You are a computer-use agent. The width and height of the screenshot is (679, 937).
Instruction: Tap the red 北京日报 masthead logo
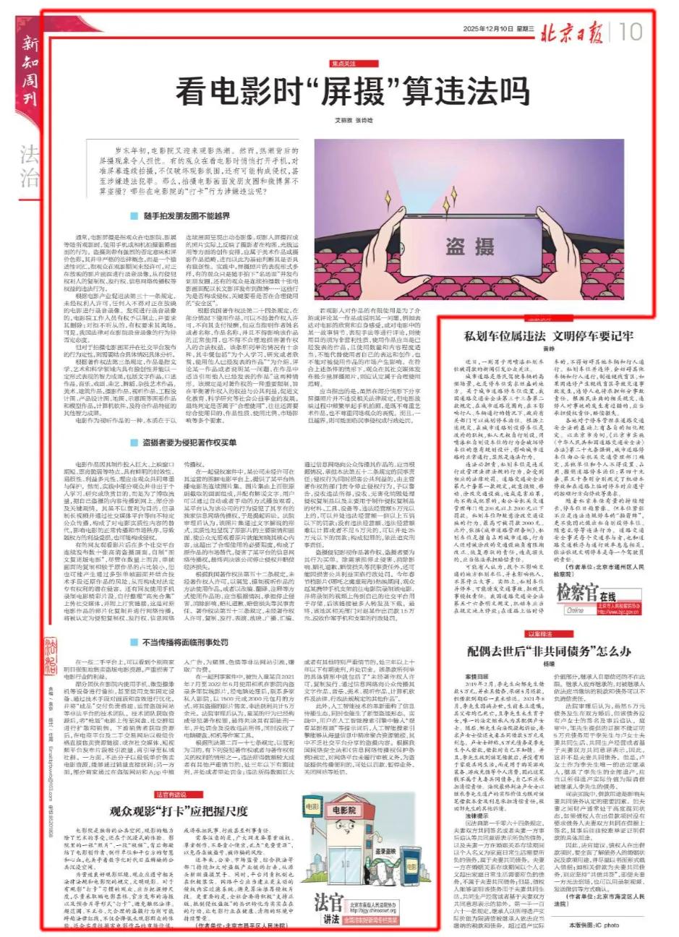point(575,31)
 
